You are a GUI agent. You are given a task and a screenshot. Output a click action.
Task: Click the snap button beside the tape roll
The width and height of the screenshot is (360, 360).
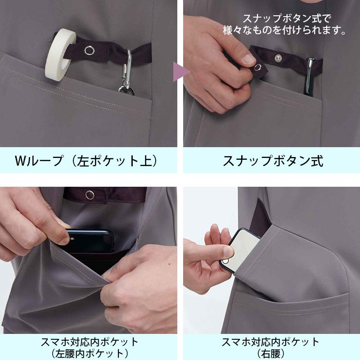click(x=89, y=50)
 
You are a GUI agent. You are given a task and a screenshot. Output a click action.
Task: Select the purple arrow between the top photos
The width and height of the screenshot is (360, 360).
click(x=181, y=72)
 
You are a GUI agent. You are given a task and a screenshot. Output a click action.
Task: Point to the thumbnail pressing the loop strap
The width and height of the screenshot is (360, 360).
click(x=249, y=58)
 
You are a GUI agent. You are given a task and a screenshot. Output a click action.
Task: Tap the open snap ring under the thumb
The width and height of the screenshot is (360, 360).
click(x=257, y=67)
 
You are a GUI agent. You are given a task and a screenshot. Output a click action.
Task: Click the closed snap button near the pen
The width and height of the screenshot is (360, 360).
click(x=278, y=58)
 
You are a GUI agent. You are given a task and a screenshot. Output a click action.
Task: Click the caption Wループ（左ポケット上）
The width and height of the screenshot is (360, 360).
click(x=86, y=161)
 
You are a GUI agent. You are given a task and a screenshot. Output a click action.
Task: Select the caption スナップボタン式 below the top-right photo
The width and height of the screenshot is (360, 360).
click(x=273, y=161)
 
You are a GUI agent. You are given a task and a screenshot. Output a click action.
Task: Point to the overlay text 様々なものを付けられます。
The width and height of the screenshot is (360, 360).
click(x=284, y=30)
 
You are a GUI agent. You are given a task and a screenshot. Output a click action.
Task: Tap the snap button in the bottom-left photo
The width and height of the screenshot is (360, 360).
click(x=90, y=195)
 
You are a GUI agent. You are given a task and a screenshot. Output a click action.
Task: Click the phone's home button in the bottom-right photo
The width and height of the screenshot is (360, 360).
click(x=226, y=261)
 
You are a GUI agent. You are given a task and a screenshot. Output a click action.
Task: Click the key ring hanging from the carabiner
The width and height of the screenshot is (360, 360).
click(x=126, y=89)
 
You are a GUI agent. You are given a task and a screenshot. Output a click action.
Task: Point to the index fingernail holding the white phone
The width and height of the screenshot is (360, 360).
click(x=229, y=252)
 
